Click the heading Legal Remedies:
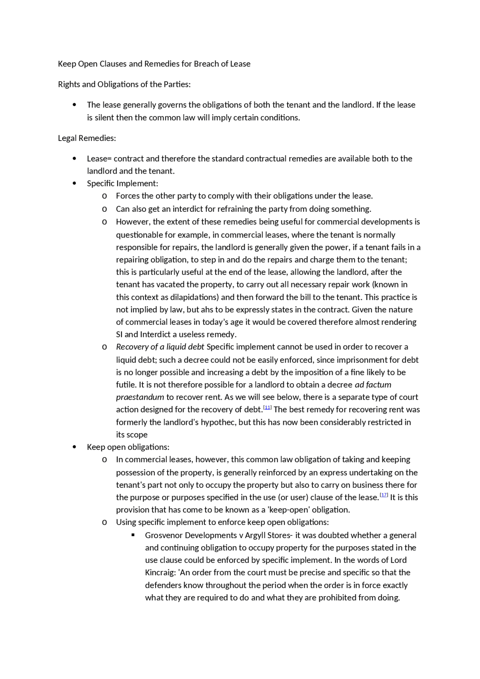(x=87, y=138)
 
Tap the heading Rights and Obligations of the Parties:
(x=124, y=84)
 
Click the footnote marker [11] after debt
(x=267, y=407)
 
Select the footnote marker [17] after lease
(x=384, y=495)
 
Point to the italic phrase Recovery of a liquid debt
(x=160, y=347)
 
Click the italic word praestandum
(x=140, y=397)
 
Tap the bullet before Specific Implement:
(x=74, y=183)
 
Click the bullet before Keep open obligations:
(x=74, y=447)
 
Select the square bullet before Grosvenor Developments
(x=133, y=535)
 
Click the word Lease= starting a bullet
(x=99, y=159)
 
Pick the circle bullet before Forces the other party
(x=104, y=196)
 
